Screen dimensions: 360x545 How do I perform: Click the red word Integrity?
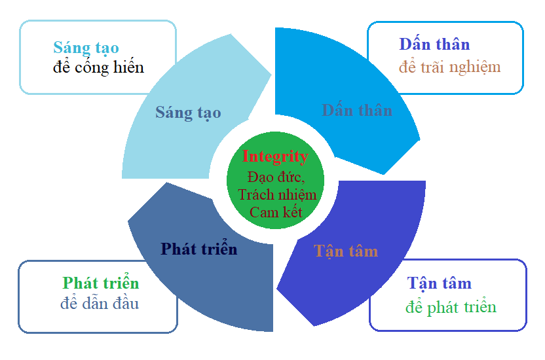click(x=275, y=157)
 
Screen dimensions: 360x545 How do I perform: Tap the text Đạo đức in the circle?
click(x=276, y=177)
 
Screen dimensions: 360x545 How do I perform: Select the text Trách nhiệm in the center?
click(x=277, y=194)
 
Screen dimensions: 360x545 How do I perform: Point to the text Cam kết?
click(x=276, y=212)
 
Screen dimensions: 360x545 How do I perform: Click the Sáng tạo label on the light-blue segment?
click(x=188, y=113)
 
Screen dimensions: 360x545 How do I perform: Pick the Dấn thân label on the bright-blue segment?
click(x=357, y=110)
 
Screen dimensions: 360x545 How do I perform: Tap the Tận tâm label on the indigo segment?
click(x=346, y=251)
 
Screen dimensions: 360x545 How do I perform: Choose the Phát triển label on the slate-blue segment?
click(x=199, y=249)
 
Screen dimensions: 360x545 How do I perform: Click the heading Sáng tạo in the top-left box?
click(x=86, y=48)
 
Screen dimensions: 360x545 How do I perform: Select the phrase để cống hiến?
click(x=98, y=67)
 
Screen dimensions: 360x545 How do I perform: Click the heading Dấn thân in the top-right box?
click(x=434, y=45)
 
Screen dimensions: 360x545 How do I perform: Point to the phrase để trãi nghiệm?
click(x=449, y=66)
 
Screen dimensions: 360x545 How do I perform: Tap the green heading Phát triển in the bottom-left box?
click(x=101, y=283)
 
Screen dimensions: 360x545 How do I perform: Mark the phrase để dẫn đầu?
click(x=100, y=303)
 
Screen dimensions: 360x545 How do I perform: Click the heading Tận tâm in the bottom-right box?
click(x=439, y=283)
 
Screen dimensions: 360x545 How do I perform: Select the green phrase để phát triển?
click(x=451, y=307)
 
